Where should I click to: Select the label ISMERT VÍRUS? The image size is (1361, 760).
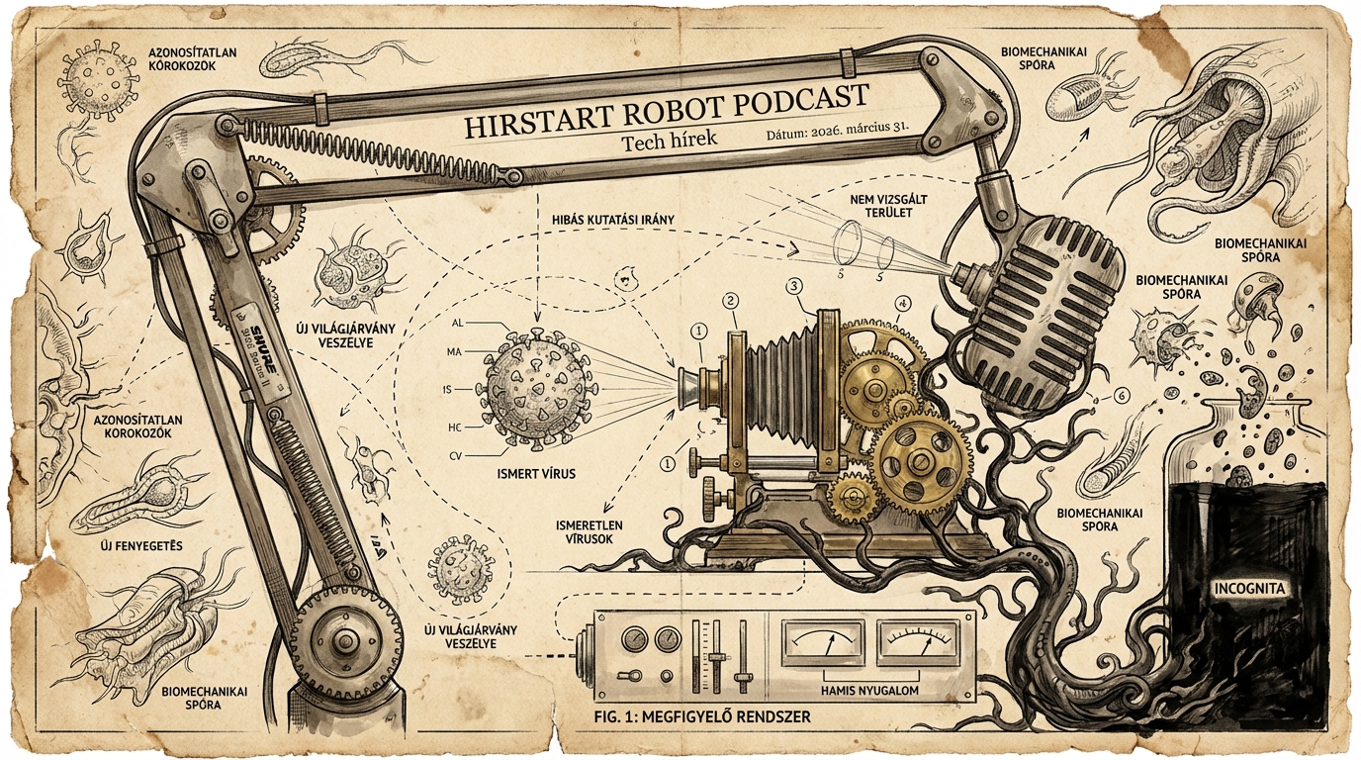click(535, 473)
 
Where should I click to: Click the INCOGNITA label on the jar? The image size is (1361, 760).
click(1250, 588)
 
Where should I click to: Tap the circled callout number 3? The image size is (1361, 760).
click(793, 286)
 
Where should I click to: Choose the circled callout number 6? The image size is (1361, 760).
click(1121, 396)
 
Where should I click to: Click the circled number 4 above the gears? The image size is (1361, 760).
click(902, 304)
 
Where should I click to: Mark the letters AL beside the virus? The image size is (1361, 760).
click(457, 324)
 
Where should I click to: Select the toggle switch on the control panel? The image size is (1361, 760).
click(626, 677)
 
